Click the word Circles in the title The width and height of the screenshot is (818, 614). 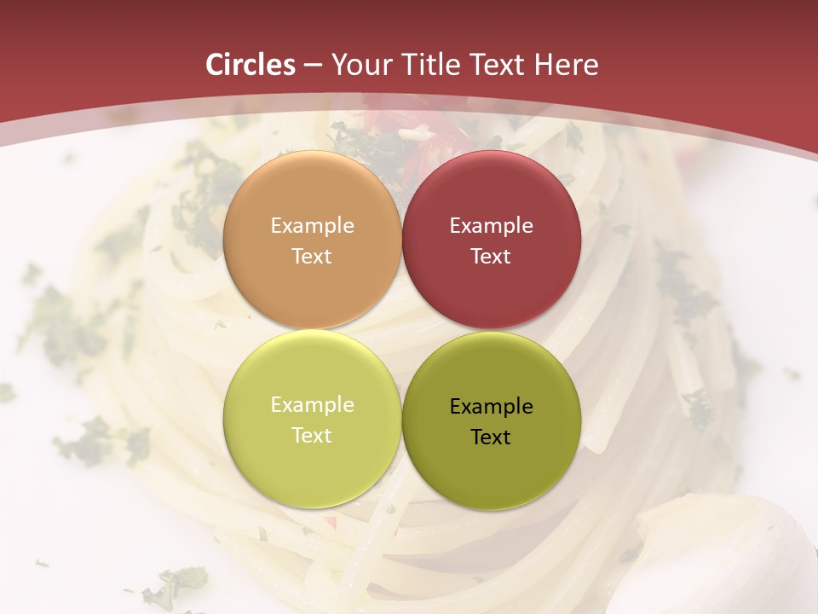[251, 65]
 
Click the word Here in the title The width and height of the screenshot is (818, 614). [566, 65]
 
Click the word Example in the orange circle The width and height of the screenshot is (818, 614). [312, 226]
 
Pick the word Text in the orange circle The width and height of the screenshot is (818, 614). [312, 256]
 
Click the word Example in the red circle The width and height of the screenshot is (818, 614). [491, 226]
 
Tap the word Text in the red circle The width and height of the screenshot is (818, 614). [491, 256]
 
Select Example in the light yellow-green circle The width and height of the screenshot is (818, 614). [312, 405]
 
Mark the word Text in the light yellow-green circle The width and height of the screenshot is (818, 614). [312, 435]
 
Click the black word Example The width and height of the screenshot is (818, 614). [491, 407]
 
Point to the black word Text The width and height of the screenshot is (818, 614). [491, 437]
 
